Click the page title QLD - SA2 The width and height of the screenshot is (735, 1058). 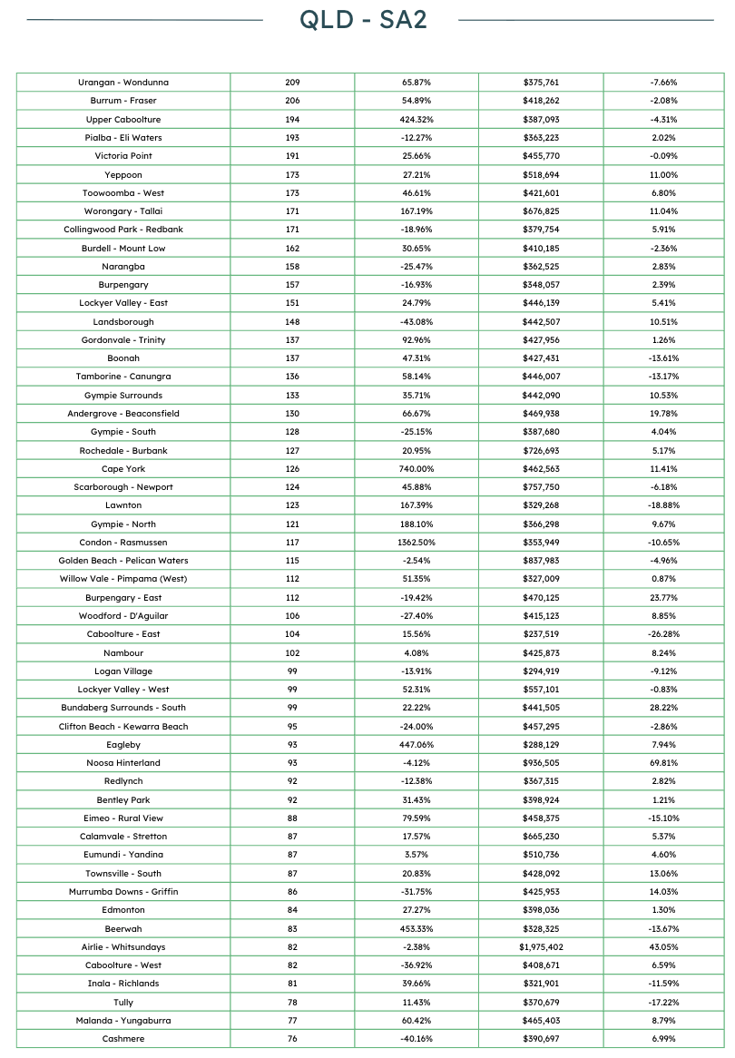coord(362,20)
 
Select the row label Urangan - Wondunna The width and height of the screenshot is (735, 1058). coord(123,83)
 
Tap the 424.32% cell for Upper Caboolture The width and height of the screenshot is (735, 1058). coord(416,120)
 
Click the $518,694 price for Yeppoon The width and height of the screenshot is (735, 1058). coord(541,174)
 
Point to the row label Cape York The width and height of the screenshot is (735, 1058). coord(123,469)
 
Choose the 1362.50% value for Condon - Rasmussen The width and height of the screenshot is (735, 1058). coord(416,543)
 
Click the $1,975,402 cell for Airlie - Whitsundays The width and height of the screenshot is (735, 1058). coord(541,947)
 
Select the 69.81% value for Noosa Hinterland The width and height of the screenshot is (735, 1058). coord(663,763)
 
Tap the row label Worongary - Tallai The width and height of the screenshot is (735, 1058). coord(123,211)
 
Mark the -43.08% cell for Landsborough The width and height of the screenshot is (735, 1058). coord(416,322)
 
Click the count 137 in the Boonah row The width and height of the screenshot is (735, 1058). coord(292,358)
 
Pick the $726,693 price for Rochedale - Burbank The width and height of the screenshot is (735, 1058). coord(541,451)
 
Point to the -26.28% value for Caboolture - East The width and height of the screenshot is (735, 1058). coord(663,634)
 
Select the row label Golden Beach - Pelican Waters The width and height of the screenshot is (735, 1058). coord(123,561)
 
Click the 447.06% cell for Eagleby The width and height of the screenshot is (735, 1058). coord(416,745)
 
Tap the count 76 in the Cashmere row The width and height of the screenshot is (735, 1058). coord(292,1039)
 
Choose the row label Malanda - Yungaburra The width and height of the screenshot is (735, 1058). coord(123,1021)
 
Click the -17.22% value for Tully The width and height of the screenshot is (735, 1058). coord(663,1003)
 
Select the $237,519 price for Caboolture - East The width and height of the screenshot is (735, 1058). coord(541,634)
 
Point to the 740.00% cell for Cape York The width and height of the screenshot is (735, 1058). coord(416,469)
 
